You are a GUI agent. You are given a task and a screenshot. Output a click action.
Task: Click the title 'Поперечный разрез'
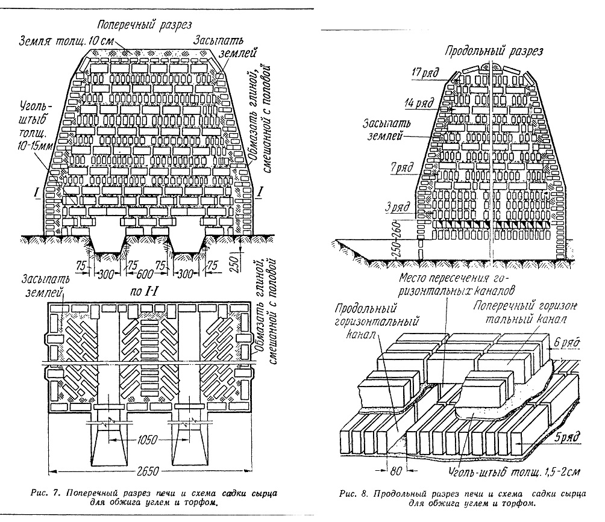(x=144, y=25)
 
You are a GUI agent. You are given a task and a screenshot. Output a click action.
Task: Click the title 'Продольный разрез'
(x=494, y=51)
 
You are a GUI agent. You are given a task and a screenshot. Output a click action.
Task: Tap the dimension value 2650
(x=148, y=471)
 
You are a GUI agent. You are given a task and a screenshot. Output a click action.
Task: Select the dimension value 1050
(x=148, y=440)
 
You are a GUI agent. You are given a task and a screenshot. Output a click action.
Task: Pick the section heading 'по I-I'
(x=144, y=291)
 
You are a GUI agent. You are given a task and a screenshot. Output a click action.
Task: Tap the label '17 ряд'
(x=425, y=72)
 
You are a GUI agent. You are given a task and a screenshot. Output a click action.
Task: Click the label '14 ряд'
(x=419, y=104)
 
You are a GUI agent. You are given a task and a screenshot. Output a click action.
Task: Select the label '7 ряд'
(x=402, y=168)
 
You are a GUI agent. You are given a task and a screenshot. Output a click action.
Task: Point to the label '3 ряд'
(x=398, y=207)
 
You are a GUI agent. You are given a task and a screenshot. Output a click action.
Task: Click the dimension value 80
(x=397, y=470)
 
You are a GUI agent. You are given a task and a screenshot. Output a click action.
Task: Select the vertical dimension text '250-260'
(x=400, y=239)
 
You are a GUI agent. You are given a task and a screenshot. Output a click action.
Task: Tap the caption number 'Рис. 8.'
(x=354, y=494)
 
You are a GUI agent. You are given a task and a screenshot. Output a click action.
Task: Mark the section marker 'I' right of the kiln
(x=260, y=191)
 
